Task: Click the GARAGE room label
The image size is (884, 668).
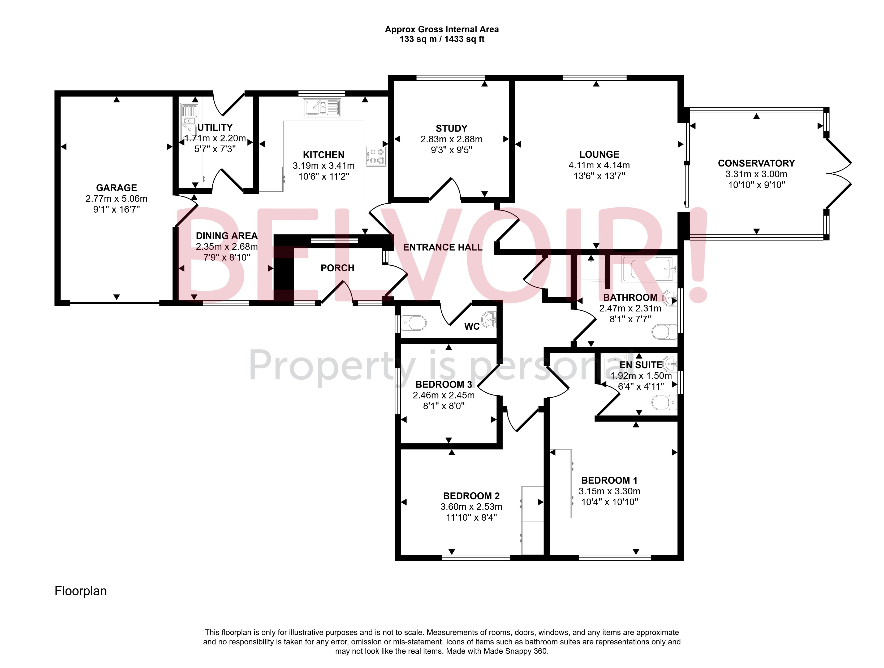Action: (x=116, y=188)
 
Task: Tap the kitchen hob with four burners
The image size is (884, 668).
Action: (x=376, y=156)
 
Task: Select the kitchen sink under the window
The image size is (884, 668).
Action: (x=322, y=108)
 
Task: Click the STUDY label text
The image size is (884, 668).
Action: (x=451, y=129)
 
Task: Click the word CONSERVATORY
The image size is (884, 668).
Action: (x=756, y=163)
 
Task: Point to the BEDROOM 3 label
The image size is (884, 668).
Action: (x=444, y=385)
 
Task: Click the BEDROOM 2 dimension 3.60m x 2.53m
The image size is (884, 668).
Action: (x=471, y=507)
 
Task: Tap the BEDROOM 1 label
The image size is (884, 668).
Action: (x=609, y=480)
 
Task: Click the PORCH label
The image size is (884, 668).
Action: (x=337, y=268)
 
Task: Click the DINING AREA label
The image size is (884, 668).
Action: (x=227, y=236)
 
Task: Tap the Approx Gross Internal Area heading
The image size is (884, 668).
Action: (x=442, y=29)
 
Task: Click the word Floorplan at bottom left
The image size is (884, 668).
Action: (x=81, y=591)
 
